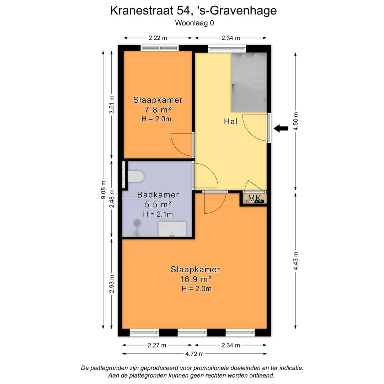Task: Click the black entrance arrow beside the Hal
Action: (x=281, y=128)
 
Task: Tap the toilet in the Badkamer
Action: (x=135, y=177)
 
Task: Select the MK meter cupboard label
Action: (x=255, y=198)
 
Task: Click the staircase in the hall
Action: (x=249, y=82)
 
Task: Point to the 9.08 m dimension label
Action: (x=103, y=190)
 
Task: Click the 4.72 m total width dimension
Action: (x=194, y=354)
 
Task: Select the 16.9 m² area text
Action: (x=196, y=279)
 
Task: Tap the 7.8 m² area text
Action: (x=158, y=110)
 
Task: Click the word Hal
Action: (x=230, y=121)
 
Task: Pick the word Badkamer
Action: (x=158, y=195)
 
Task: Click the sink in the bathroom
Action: (x=172, y=229)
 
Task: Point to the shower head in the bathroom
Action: (x=137, y=223)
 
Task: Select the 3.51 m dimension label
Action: (x=112, y=104)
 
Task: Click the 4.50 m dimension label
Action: (x=296, y=122)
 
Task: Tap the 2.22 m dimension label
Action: (x=158, y=38)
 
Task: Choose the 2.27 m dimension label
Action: (x=157, y=345)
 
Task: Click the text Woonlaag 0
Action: (x=194, y=23)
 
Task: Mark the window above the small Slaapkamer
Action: (x=160, y=48)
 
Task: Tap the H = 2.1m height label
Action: (x=158, y=214)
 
